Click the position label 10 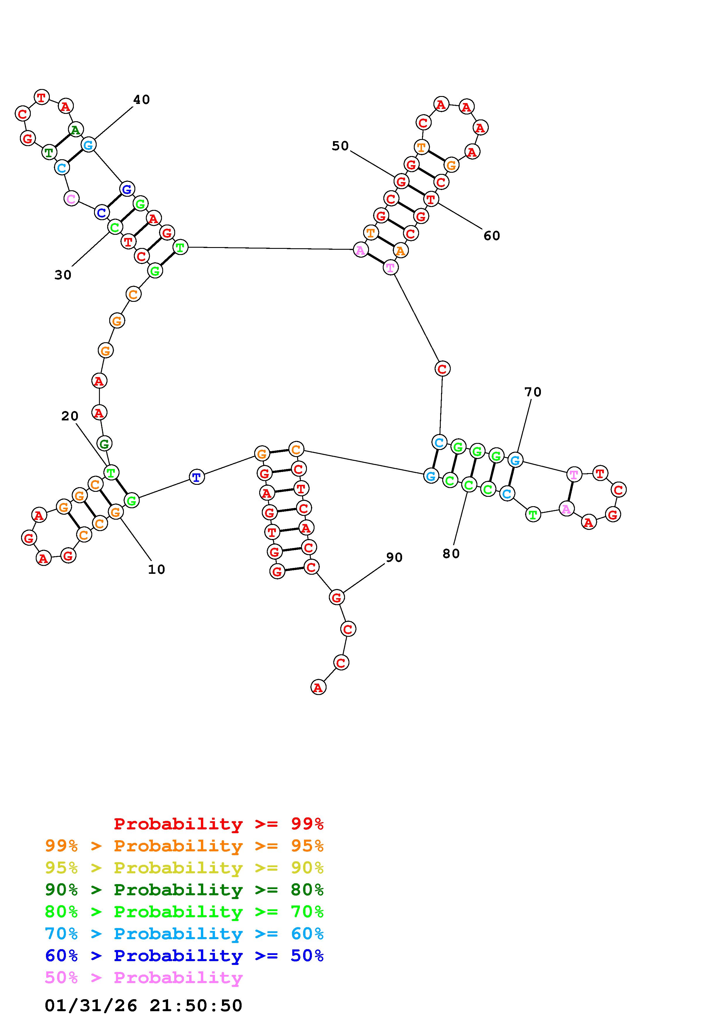[x=157, y=569]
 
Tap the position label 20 [x=70, y=416]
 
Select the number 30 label [x=63, y=275]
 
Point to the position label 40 [x=141, y=100]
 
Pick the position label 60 [x=492, y=236]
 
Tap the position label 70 [x=533, y=392]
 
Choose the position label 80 [x=451, y=554]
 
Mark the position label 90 [x=394, y=557]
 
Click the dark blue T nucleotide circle [x=197, y=477]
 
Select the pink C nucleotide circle [x=71, y=198]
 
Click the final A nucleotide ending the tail [x=318, y=687]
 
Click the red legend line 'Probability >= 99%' [x=218, y=824]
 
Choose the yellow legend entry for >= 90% [x=184, y=868]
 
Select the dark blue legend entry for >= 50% [x=184, y=956]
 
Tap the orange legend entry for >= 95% [x=184, y=846]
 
